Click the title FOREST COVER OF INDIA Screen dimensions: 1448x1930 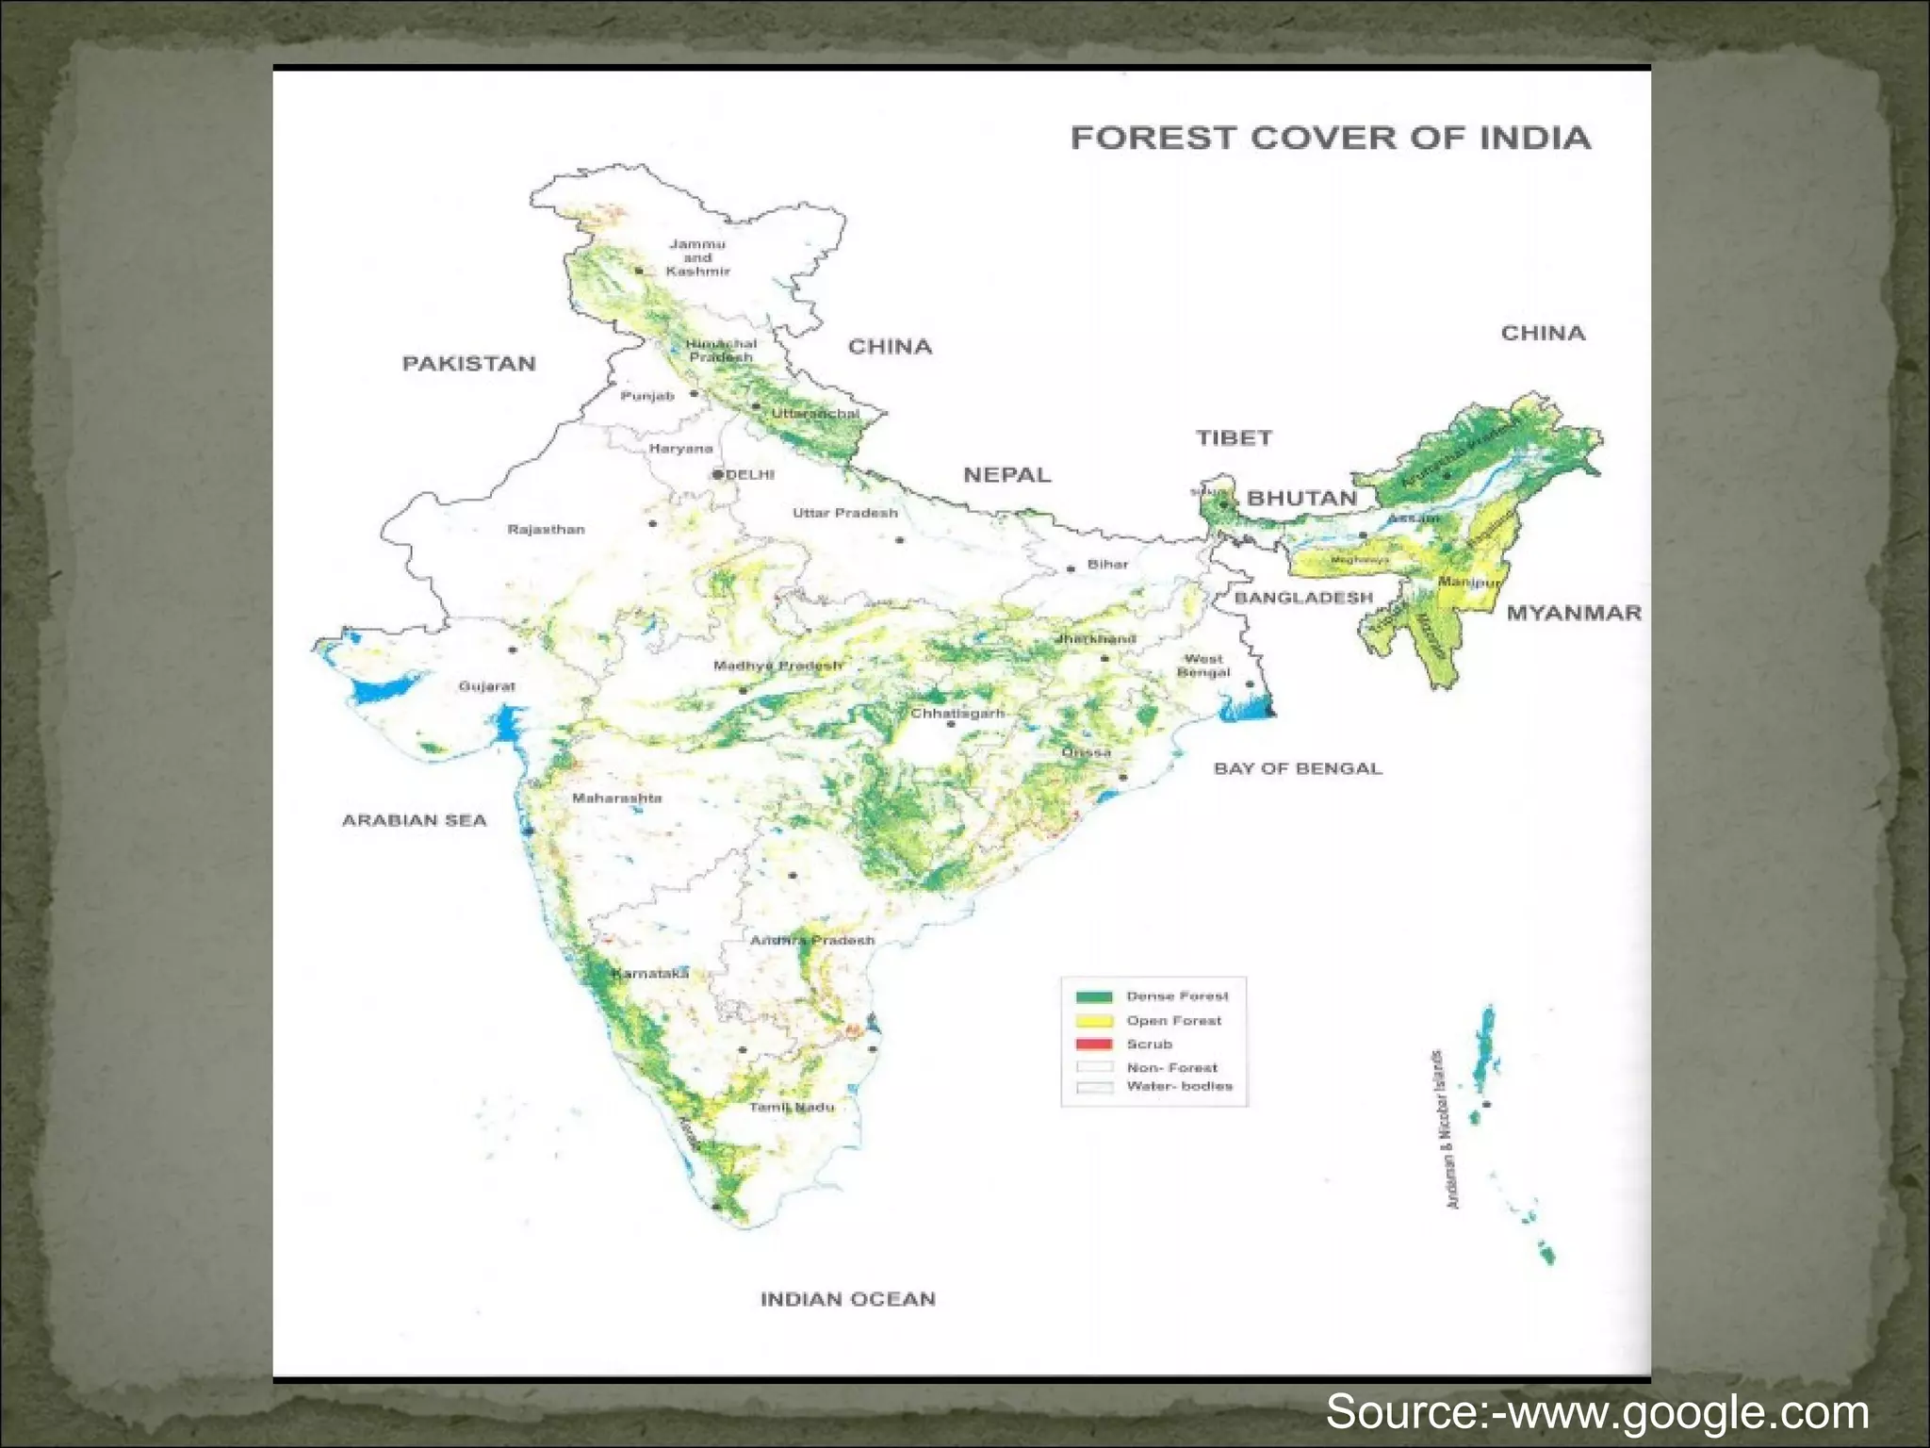(1331, 138)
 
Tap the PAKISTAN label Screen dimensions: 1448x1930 (469, 364)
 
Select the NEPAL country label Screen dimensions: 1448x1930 (1006, 475)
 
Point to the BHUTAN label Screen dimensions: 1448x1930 (1301, 498)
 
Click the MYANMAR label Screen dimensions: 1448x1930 (1574, 613)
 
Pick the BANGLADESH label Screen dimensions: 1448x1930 (1303, 598)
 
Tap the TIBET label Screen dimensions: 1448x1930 (1234, 437)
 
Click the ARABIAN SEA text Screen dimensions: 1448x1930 (414, 820)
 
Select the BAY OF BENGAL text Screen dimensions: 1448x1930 (1298, 768)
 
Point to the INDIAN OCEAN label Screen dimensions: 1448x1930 (847, 1299)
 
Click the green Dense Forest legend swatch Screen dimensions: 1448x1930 (1094, 996)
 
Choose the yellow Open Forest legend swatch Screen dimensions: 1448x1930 (1094, 1021)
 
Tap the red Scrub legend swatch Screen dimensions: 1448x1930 (1094, 1045)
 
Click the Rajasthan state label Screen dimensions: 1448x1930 (546, 530)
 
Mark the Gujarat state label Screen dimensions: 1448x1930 (486, 686)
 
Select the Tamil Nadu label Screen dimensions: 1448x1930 (792, 1107)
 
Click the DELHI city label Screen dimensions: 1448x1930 (749, 474)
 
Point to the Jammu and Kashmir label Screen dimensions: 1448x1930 (697, 257)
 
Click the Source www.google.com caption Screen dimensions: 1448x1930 (1596, 1412)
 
